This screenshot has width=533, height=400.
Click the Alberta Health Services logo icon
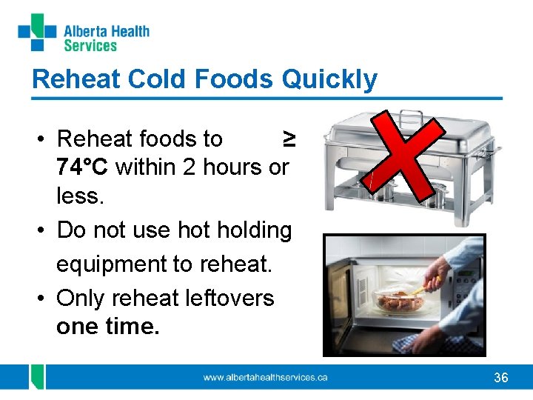point(37,32)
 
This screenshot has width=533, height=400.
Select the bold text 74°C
point(83,167)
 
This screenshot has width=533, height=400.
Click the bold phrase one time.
point(107,326)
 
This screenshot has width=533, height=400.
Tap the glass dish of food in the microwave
point(400,301)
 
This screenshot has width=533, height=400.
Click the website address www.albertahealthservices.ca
point(265,378)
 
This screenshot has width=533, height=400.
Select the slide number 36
point(501,378)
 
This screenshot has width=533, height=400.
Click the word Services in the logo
point(90,46)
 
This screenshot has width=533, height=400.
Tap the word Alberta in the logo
point(84,31)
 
